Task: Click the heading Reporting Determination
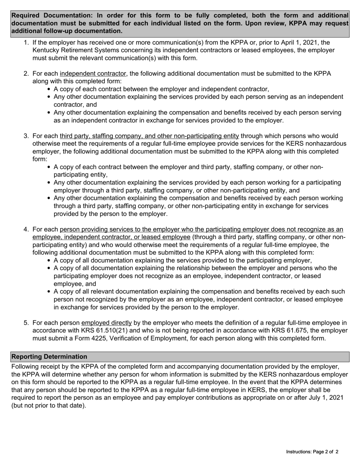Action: [49, 357]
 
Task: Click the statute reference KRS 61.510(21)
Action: [93, 330]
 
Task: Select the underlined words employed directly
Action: [106, 323]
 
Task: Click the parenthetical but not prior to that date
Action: [49, 405]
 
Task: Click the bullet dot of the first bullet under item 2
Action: [50, 89]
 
